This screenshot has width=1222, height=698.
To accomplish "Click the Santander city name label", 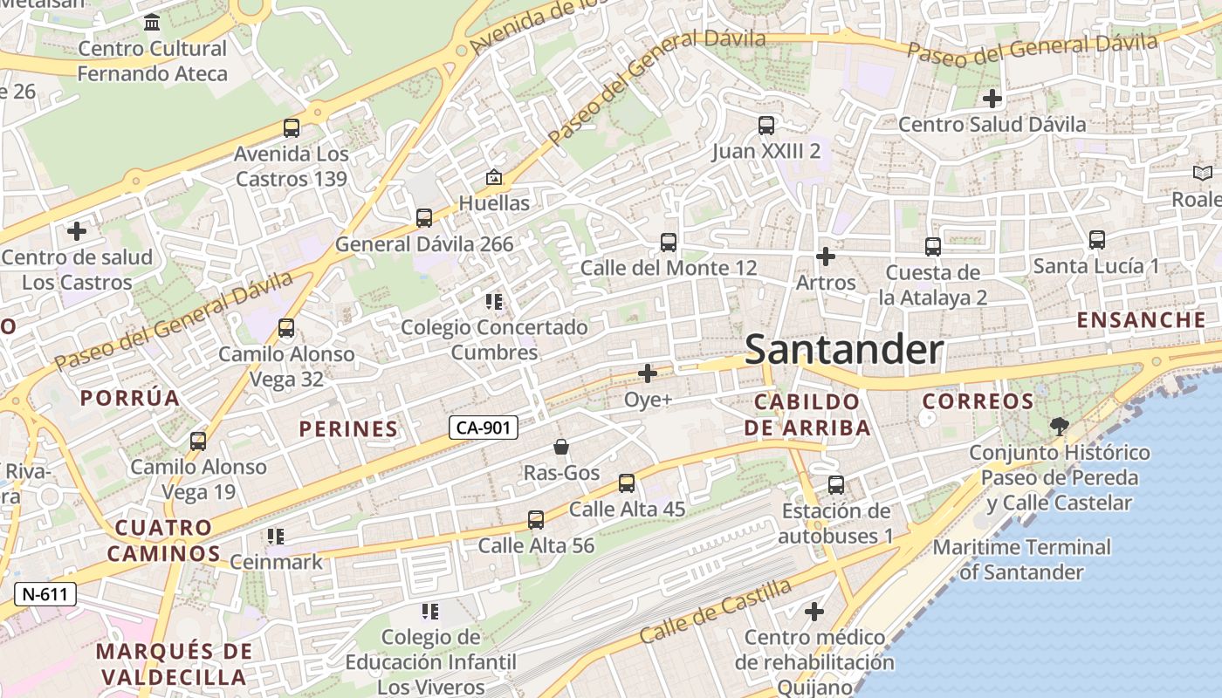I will (844, 350).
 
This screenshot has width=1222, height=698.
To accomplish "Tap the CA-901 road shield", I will (484, 428).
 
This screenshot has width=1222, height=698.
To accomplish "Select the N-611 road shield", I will (45, 595).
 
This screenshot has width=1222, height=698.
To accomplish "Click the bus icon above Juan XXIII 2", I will (765, 126).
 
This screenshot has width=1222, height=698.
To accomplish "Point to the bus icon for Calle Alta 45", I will (626, 483).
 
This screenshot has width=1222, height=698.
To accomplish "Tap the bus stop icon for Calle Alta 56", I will (536, 520).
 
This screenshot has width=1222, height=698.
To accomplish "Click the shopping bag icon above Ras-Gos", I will (561, 448).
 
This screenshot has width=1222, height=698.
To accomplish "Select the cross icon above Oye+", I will (648, 374).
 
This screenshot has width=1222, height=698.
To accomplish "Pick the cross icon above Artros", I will (825, 257).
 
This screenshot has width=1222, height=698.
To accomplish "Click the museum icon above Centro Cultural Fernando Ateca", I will (153, 23).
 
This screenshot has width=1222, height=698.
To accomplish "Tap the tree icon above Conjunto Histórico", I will (1059, 427).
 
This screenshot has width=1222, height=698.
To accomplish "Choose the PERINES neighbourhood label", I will (348, 429).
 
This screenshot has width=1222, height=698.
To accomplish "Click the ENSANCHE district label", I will (1141, 320).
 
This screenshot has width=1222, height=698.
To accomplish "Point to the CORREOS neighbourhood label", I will (978, 402).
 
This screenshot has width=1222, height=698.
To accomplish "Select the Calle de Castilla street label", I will (716, 612).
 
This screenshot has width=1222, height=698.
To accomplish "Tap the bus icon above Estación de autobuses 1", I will (835, 485).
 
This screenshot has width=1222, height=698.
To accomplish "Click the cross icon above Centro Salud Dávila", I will (992, 98).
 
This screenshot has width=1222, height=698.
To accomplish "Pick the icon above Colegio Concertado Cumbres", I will (493, 303).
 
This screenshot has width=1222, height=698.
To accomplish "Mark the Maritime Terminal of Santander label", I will (1021, 560).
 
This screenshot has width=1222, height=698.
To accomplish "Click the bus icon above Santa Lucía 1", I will (1096, 239).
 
